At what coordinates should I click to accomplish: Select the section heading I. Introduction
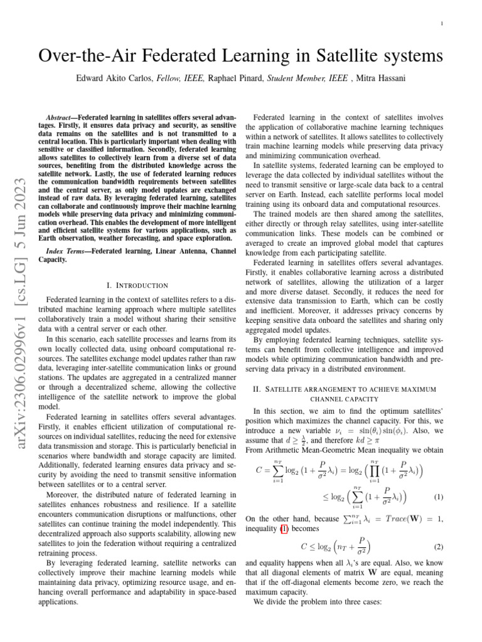click(137, 285)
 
